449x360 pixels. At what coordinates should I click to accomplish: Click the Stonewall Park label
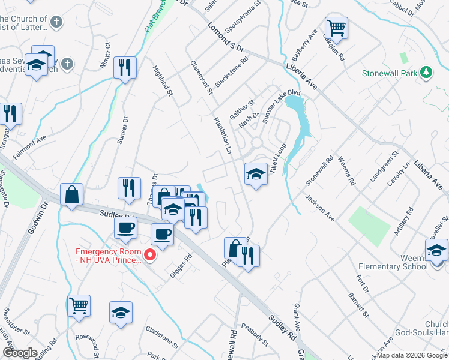click(390, 74)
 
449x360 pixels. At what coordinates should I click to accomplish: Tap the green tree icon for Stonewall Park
click(427, 73)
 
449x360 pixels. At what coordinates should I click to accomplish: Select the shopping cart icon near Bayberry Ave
click(337, 28)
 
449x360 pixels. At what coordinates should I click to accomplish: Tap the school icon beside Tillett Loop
click(256, 175)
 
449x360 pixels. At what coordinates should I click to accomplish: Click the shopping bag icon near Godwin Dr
click(71, 194)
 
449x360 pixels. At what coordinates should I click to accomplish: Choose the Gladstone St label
click(162, 337)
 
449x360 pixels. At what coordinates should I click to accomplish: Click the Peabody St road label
click(255, 334)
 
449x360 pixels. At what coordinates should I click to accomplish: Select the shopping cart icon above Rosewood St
click(79, 306)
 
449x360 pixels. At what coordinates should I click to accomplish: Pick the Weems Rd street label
click(348, 170)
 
